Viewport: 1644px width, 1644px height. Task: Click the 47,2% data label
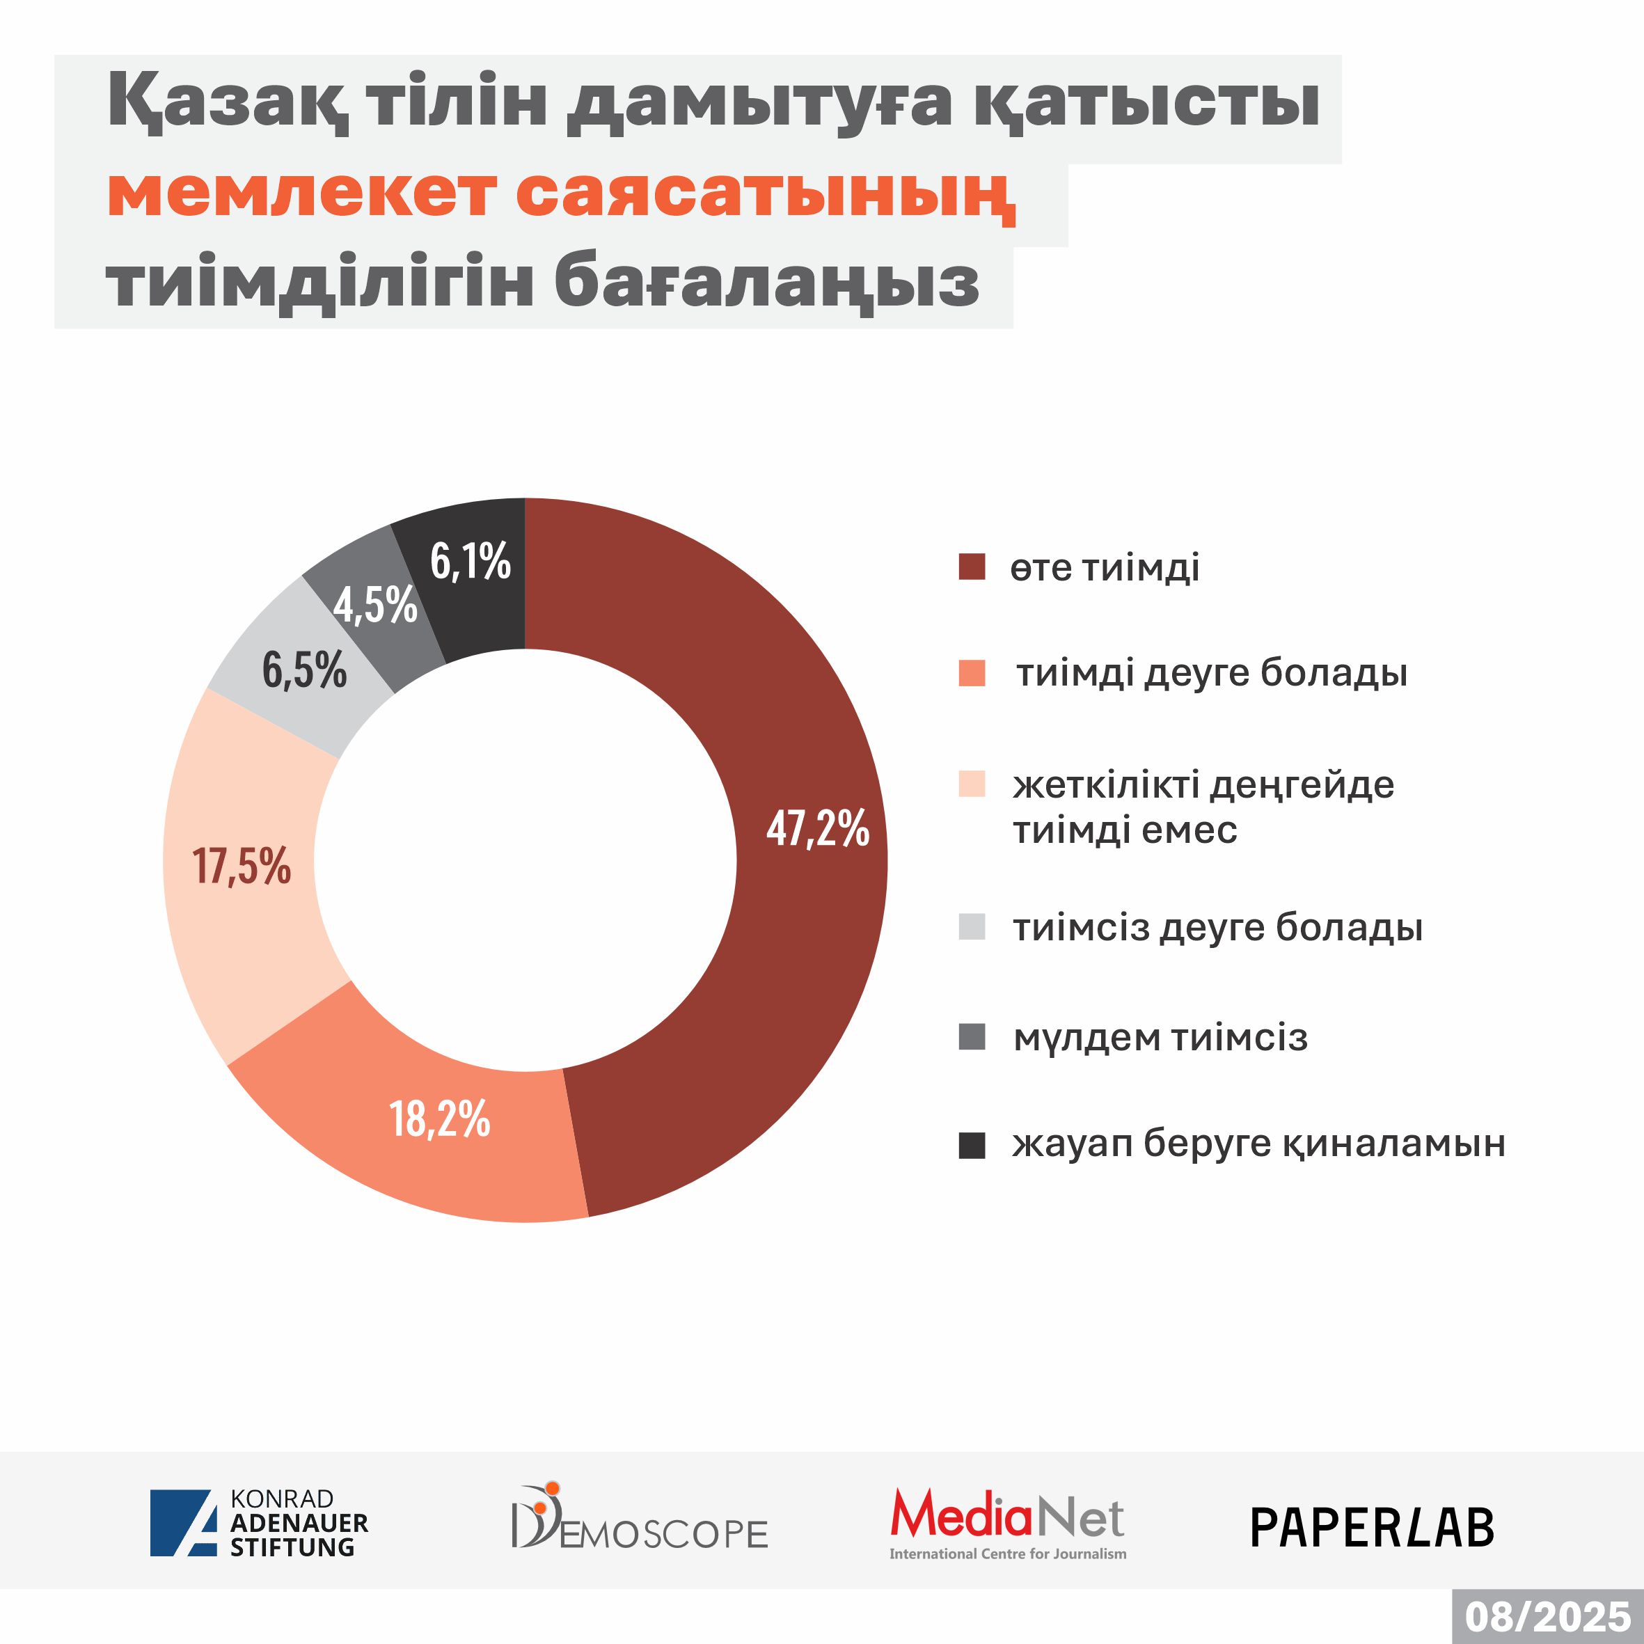pos(817,828)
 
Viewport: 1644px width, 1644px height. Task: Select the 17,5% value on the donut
pos(242,867)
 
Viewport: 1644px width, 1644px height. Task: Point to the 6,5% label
pos(305,670)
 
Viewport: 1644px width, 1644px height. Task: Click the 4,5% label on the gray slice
pos(375,605)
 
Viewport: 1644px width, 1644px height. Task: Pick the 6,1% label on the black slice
pos(470,562)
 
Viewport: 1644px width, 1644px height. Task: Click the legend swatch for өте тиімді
pos(972,567)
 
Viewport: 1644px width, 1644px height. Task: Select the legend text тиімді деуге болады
pos(1212,672)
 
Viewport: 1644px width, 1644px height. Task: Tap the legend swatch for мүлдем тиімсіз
pos(972,1037)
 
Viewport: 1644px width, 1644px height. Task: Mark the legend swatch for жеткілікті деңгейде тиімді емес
pos(972,784)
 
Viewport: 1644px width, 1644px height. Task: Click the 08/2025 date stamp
pos(1548,1616)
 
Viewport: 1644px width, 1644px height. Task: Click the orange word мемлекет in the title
pos(302,194)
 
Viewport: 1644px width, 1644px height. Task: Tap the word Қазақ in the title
pos(226,103)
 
